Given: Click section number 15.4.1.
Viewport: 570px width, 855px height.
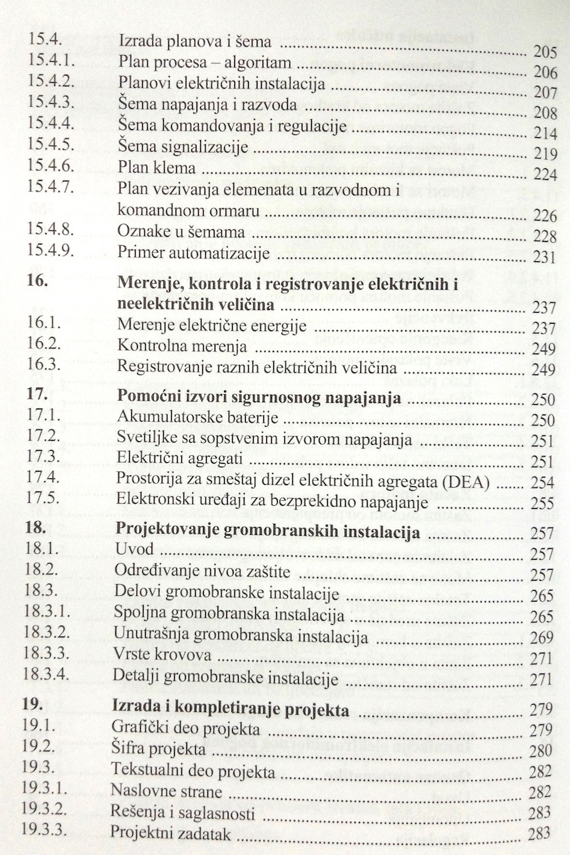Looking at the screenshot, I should pos(47,60).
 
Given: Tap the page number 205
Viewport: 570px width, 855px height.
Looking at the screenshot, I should pos(544,52).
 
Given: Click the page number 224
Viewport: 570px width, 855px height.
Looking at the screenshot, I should pos(544,175).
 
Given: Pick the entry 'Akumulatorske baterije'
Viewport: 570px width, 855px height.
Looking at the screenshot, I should pos(189,418).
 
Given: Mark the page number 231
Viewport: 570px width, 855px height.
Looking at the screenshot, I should pos(544,257).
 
